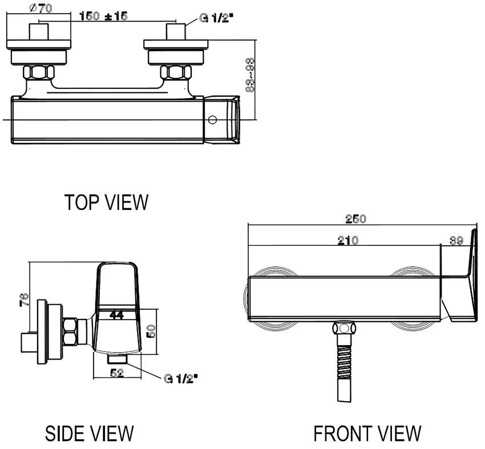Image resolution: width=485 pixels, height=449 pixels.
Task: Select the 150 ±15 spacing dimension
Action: (103, 16)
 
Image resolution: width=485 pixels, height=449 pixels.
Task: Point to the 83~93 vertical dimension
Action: (249, 74)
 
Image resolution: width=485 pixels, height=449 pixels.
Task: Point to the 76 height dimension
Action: (22, 300)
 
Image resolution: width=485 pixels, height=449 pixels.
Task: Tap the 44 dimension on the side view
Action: (117, 315)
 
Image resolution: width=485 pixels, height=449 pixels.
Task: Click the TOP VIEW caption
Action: (106, 202)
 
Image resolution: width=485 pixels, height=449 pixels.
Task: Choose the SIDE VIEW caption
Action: (89, 433)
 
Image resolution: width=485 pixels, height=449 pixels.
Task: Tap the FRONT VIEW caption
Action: (367, 433)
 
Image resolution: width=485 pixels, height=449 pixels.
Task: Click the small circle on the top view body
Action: (212, 120)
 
